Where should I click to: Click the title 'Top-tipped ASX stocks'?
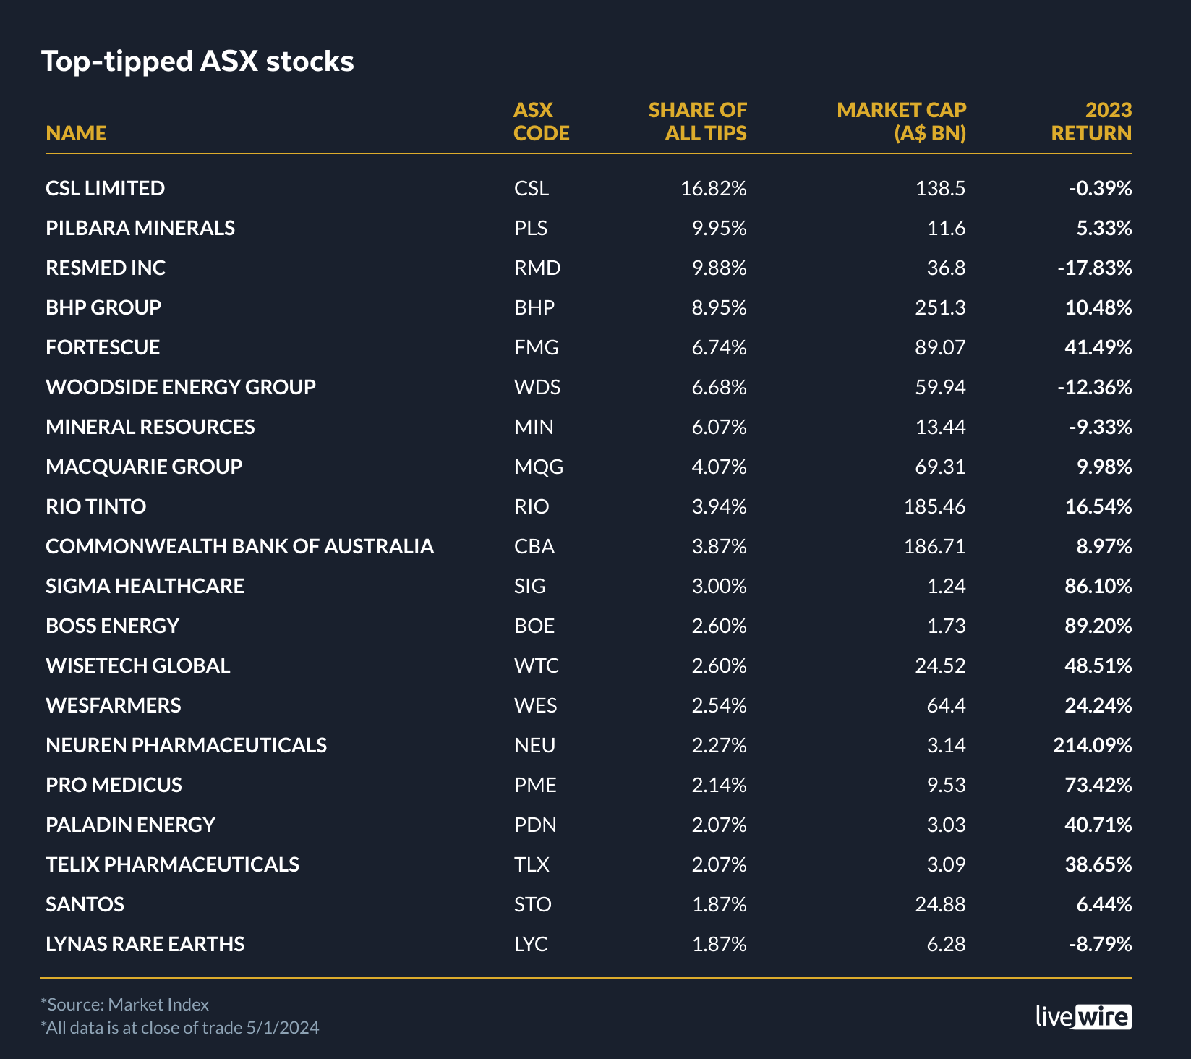pyautogui.click(x=197, y=61)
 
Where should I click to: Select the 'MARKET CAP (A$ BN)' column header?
pyautogui.click(x=901, y=122)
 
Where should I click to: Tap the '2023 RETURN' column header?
pyautogui.click(x=1091, y=122)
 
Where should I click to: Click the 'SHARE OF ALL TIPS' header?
pyautogui.click(x=697, y=122)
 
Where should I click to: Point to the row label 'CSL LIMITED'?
pyautogui.click(x=106, y=188)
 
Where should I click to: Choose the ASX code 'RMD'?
pyautogui.click(x=537, y=268)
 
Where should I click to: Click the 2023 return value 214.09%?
pyautogui.click(x=1092, y=745)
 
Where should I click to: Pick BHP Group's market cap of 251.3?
pyautogui.click(x=940, y=307)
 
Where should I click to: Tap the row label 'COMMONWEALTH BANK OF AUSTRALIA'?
pyautogui.click(x=239, y=546)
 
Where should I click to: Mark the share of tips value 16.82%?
pyautogui.click(x=713, y=188)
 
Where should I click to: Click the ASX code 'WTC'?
pyautogui.click(x=537, y=665)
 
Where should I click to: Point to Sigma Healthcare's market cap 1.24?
pyautogui.click(x=946, y=586)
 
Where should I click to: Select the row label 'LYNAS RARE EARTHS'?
pyautogui.click(x=145, y=944)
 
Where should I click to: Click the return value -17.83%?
pyautogui.click(x=1094, y=268)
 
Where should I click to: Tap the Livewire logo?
pyautogui.click(x=1083, y=1016)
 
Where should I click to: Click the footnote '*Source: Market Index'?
pyautogui.click(x=125, y=1004)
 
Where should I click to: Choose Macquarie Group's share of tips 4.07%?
pyautogui.click(x=719, y=467)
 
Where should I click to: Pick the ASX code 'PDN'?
pyautogui.click(x=535, y=825)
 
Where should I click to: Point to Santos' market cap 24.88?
pyautogui.click(x=940, y=904)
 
